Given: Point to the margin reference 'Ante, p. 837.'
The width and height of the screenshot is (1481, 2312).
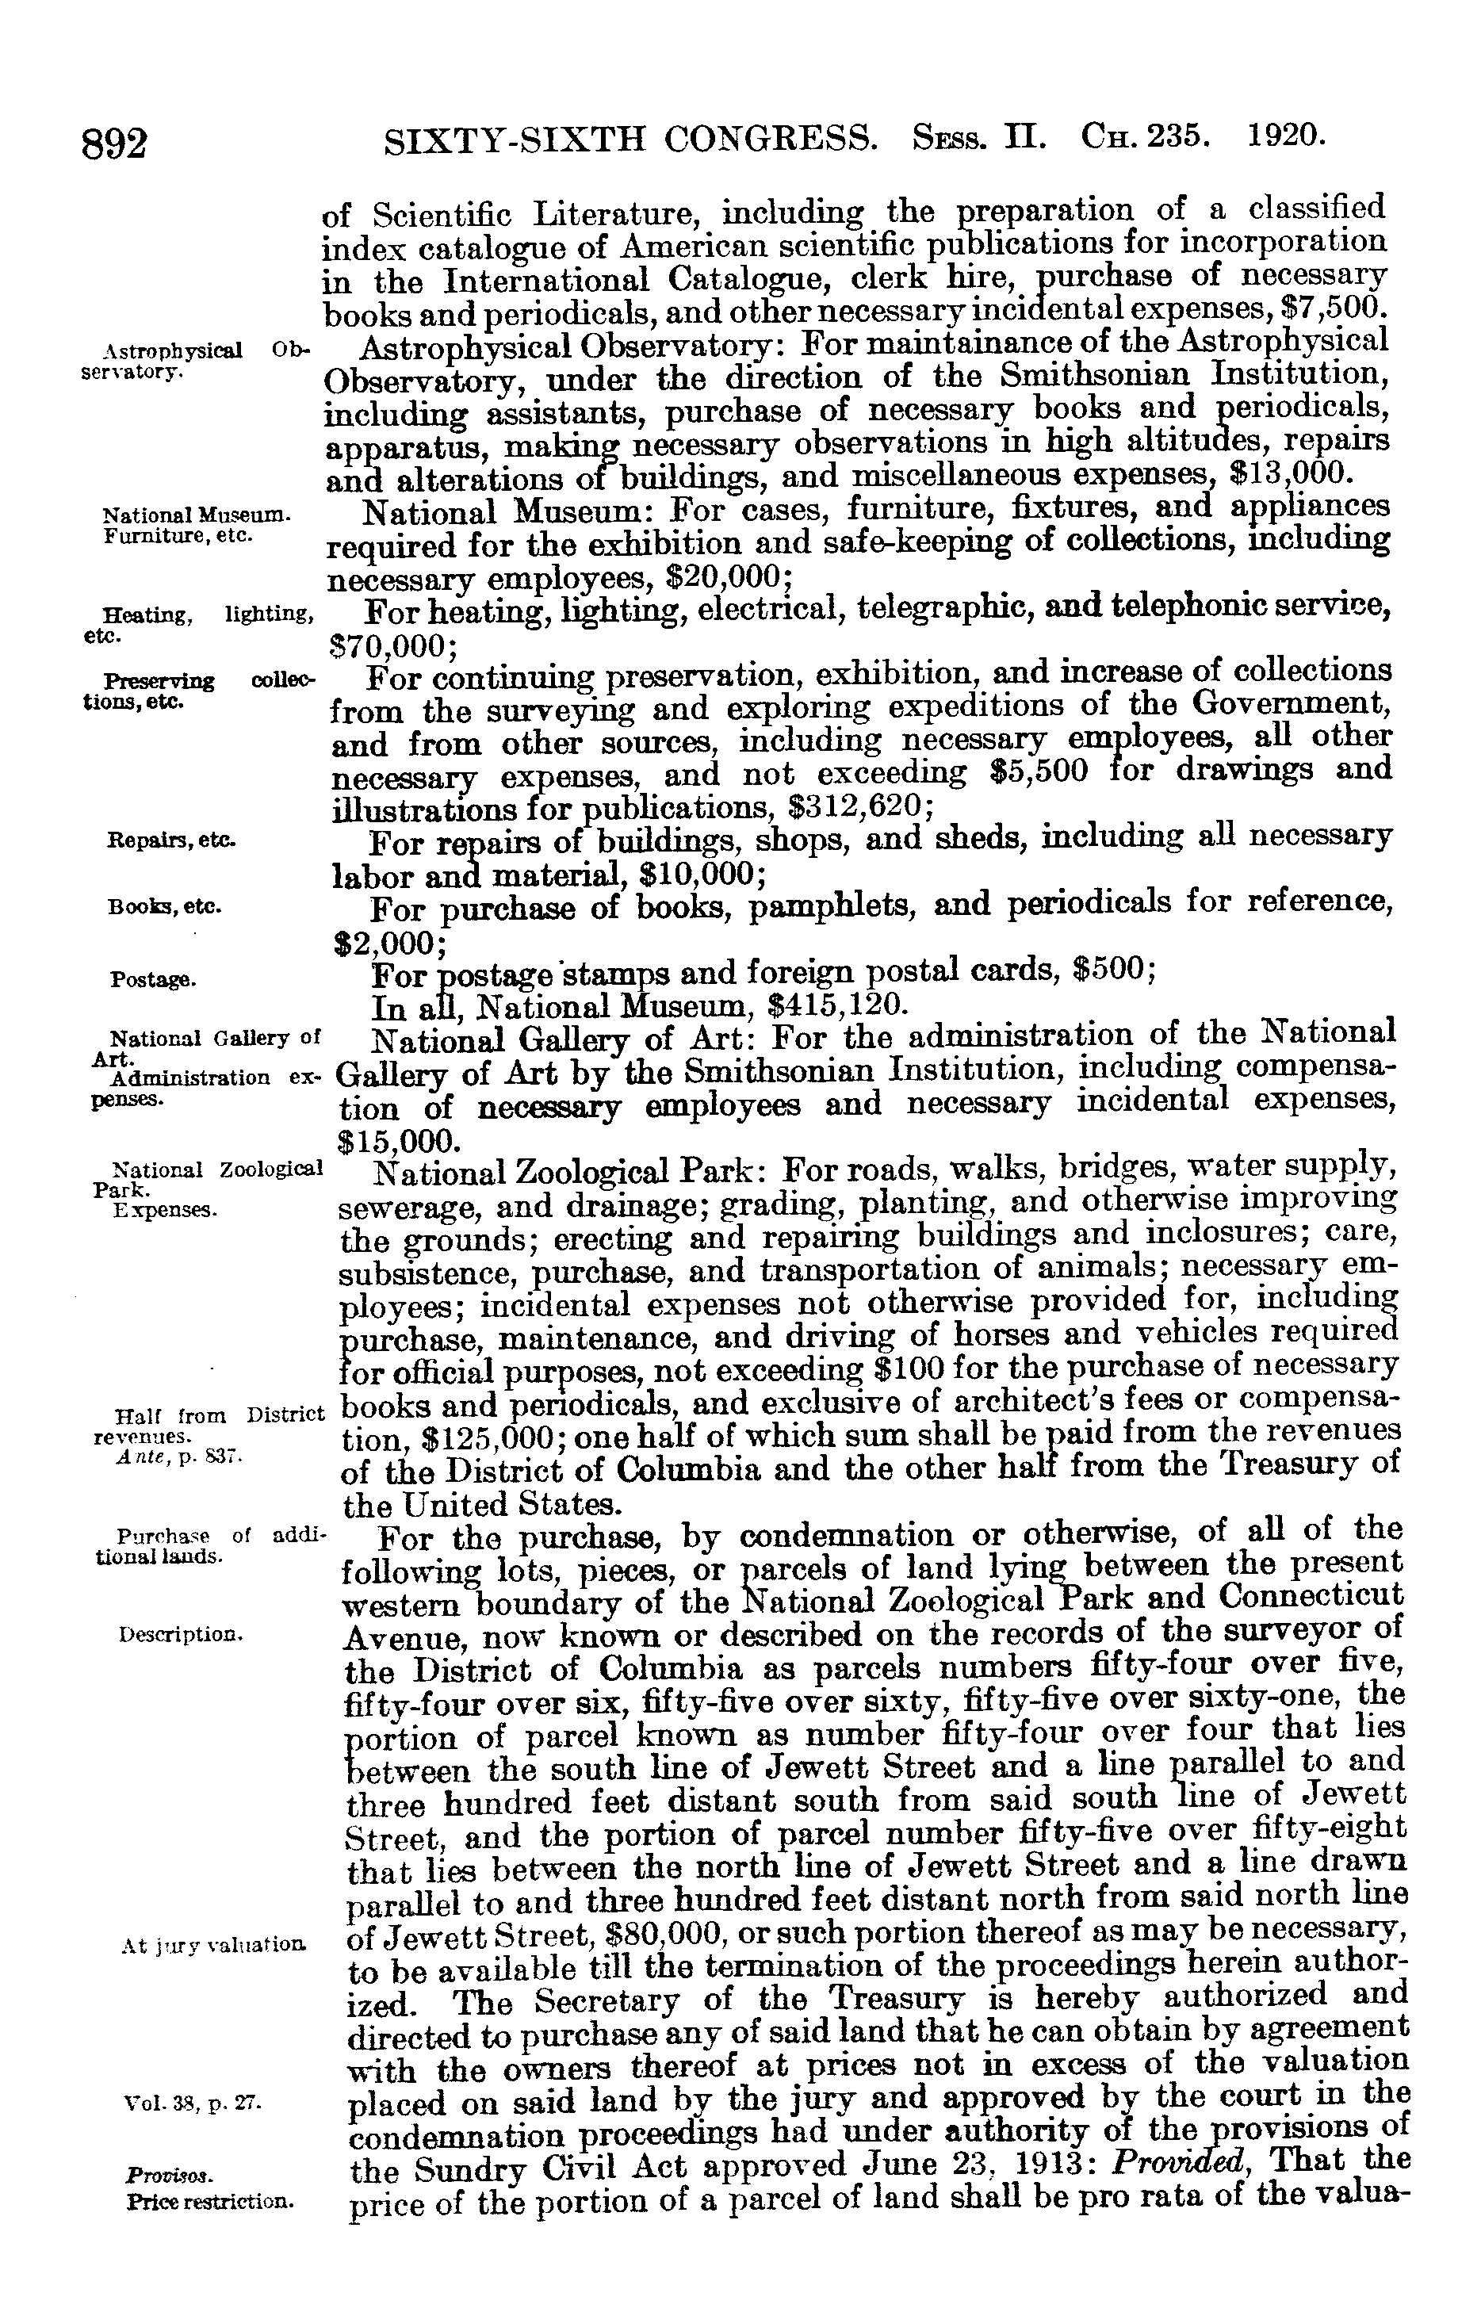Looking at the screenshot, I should click(x=182, y=1458).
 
